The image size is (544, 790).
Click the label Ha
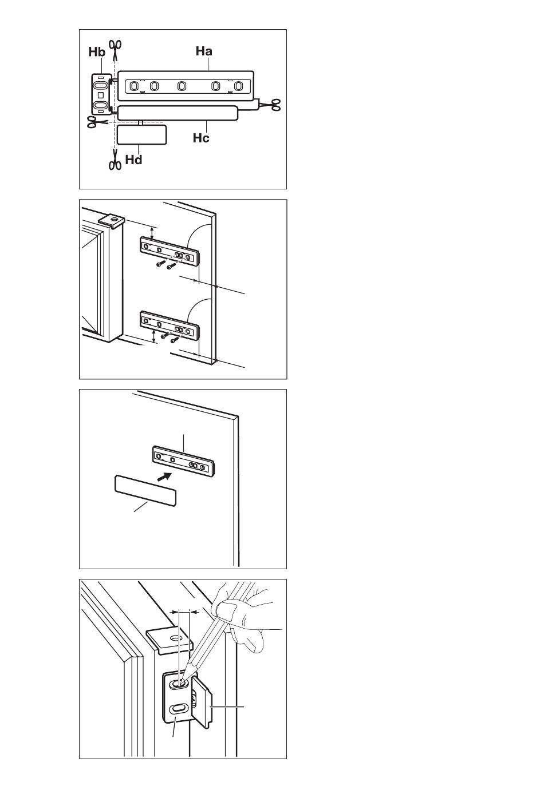[204, 51]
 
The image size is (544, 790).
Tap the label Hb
[97, 52]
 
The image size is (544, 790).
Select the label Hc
[201, 138]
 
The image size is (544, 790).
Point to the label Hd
[133, 160]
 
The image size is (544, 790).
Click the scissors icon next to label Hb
[115, 49]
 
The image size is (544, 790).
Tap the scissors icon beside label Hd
[115, 160]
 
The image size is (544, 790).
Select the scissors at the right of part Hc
[270, 105]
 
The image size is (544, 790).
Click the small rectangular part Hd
[141, 135]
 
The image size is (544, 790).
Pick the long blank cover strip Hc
[178, 113]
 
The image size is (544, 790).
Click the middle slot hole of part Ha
[181, 86]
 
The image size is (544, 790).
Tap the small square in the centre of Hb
[101, 95]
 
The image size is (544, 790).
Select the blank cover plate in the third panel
[145, 491]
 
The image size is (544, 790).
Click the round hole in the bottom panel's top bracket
[175, 639]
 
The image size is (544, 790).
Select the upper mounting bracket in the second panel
[170, 252]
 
